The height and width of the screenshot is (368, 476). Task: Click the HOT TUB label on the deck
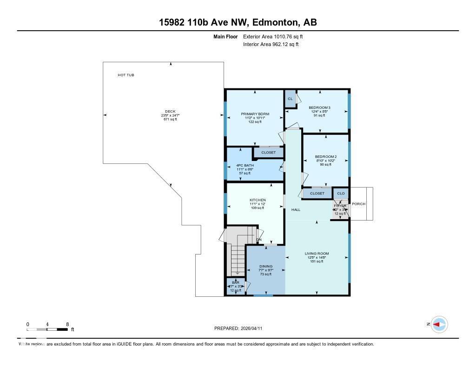126,75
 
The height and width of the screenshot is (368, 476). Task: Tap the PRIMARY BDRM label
255,114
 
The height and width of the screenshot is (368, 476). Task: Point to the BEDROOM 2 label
325,156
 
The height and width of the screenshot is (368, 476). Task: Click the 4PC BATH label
245,165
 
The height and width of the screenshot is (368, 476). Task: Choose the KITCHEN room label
257,200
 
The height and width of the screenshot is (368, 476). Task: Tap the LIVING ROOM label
317,254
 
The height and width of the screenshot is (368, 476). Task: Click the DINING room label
266,267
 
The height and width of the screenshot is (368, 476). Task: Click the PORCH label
358,204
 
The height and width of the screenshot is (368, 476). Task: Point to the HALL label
296,210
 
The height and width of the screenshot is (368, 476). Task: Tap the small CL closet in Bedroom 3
290,99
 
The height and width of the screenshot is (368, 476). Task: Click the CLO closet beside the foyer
341,193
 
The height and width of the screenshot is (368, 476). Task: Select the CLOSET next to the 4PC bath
268,153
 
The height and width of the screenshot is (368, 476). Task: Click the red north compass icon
438,324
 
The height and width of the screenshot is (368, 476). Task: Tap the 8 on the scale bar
67,324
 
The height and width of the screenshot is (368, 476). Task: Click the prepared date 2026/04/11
255,328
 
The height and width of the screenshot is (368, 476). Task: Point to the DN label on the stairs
259,240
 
